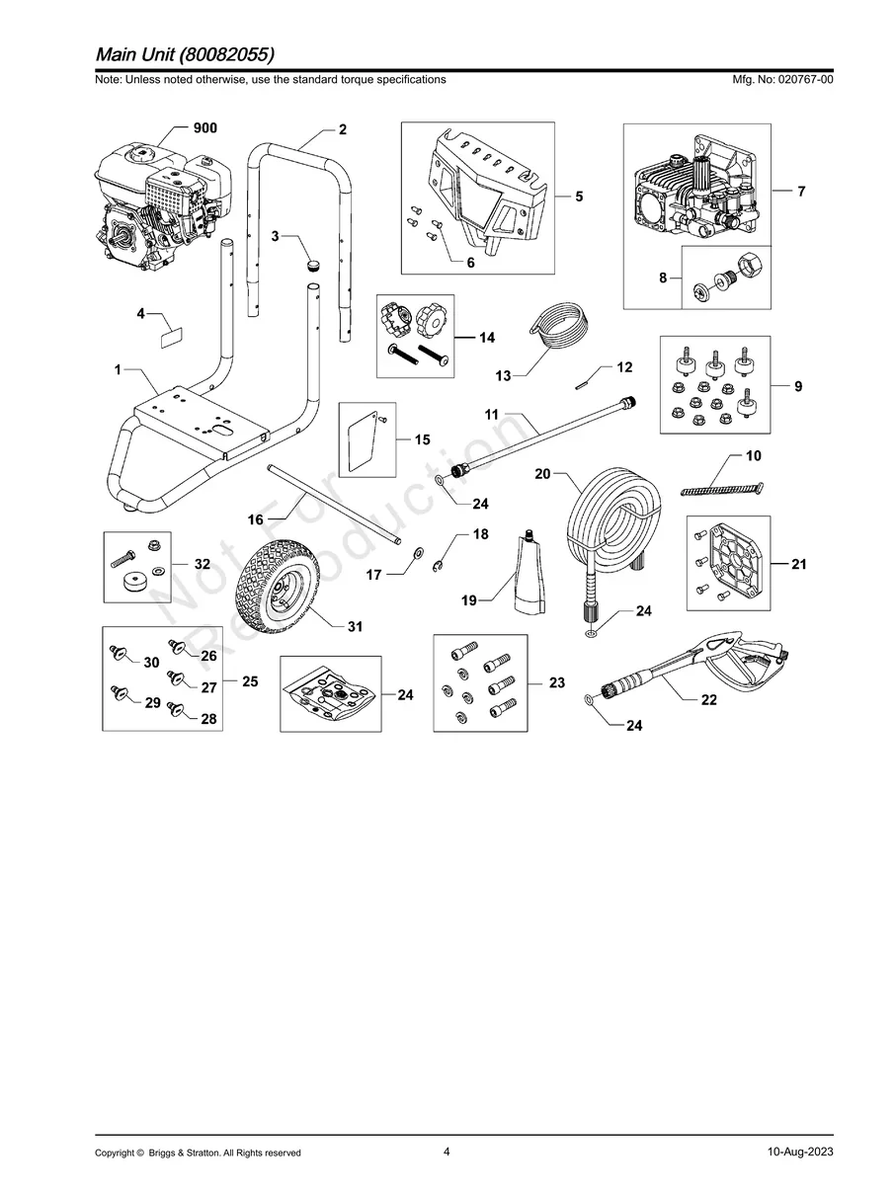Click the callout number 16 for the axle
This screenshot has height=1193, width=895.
coord(255,518)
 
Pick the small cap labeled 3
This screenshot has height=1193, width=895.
coord(315,265)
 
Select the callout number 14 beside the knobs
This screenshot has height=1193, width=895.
coord(486,338)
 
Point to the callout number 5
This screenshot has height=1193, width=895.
coord(579,197)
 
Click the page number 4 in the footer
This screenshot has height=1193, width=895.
coord(447,1152)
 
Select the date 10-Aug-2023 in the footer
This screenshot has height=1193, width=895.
coord(799,1153)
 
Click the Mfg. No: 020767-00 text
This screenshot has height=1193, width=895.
coord(779,79)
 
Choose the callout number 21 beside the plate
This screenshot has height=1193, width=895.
coord(798,564)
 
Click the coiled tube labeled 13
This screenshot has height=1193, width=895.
coord(559,336)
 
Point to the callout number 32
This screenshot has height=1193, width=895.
coord(202,564)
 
